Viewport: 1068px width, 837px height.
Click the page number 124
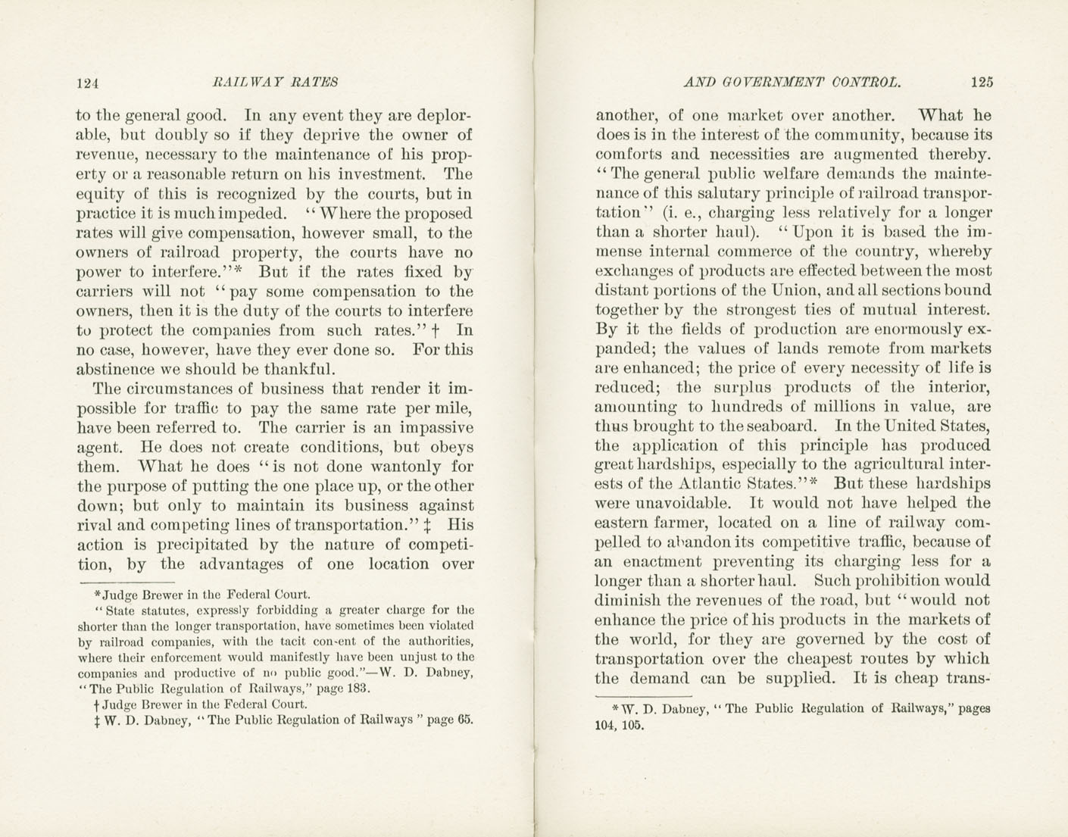(88, 83)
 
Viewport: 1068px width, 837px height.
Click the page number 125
(980, 83)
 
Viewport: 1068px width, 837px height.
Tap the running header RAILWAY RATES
(276, 83)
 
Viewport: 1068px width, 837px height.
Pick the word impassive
(436, 428)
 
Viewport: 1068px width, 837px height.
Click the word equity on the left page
(98, 195)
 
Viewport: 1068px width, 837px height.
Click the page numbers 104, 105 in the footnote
(620, 725)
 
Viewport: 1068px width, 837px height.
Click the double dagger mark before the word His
(429, 525)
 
